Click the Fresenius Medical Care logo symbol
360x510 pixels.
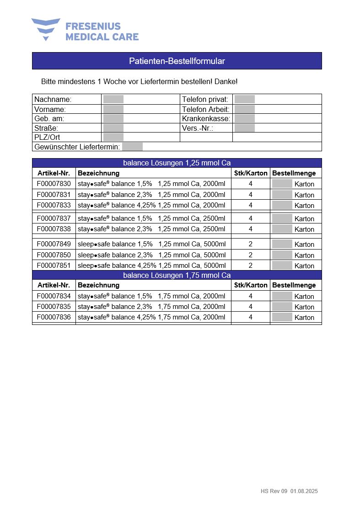pos(46,28)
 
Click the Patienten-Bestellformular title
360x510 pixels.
pos(177,61)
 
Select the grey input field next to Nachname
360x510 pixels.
pos(113,99)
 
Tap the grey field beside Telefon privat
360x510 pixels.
pos(244,99)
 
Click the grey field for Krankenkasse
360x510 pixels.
pos(244,118)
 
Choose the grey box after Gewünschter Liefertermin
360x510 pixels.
pos(133,147)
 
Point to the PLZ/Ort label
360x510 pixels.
pos(47,137)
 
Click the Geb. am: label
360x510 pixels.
pos(49,118)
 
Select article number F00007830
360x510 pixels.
pos(54,184)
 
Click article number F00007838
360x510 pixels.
pos(54,229)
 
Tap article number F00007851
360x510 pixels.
pos(54,266)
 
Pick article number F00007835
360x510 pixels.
pos(54,307)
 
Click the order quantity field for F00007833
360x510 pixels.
pos(282,205)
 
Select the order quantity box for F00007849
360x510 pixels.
pos(282,244)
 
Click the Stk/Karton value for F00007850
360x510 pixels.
pos(250,255)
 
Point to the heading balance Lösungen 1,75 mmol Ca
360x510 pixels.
pos(177,275)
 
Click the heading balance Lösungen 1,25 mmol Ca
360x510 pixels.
pos(177,163)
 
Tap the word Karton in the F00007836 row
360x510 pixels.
pos(304,318)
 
